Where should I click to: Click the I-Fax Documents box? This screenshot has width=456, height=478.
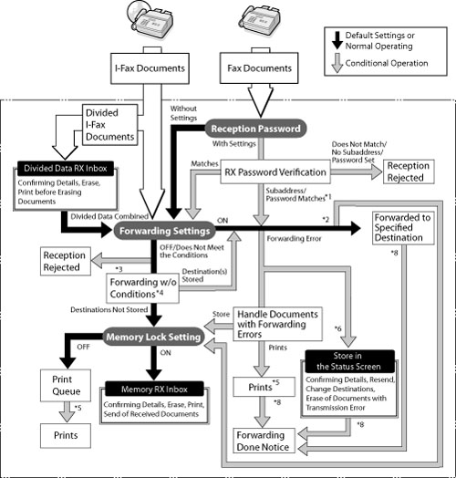pyautogui.click(x=150, y=68)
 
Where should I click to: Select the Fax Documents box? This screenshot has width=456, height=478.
pyautogui.click(x=259, y=68)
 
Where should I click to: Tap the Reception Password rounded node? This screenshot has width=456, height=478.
pyautogui.click(x=255, y=129)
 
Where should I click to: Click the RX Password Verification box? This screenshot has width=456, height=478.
pyautogui.click(x=275, y=171)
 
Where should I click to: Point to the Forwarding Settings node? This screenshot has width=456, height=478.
pyautogui.click(x=164, y=231)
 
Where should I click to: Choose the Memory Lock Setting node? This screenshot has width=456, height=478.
pyautogui.click(x=153, y=337)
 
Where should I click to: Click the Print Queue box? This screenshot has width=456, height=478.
pyautogui.click(x=66, y=385)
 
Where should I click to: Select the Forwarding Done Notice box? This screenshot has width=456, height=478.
pyautogui.click(x=264, y=441)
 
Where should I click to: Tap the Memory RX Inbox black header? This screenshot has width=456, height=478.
pyautogui.click(x=154, y=389)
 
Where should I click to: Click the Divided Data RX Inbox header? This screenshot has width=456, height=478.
pyautogui.click(x=66, y=168)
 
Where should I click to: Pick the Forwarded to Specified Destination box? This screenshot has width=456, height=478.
pyautogui.click(x=403, y=228)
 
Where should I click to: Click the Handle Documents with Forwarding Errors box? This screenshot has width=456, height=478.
pyautogui.click(x=277, y=324)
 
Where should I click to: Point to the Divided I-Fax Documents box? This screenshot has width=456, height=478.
pyautogui.click(x=109, y=125)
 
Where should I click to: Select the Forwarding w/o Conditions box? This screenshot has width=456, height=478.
pyautogui.click(x=142, y=288)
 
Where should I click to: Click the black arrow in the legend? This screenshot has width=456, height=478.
pyautogui.click(x=337, y=40)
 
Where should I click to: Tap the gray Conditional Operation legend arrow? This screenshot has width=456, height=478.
pyautogui.click(x=337, y=64)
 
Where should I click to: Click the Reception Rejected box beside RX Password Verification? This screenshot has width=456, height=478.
pyautogui.click(x=409, y=171)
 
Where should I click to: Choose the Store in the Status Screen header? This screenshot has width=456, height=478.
pyautogui.click(x=349, y=361)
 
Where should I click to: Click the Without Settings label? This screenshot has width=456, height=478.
pyautogui.click(x=183, y=113)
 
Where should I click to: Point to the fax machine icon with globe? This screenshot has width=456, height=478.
pyautogui.click(x=150, y=20)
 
